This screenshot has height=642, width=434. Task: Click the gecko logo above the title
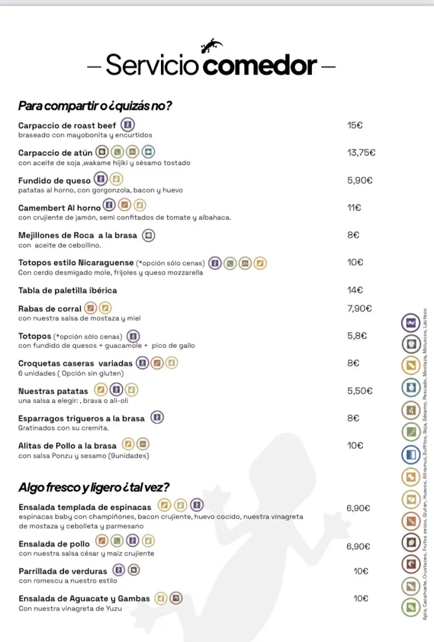click(211, 46)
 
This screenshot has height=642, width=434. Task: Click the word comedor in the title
click(261, 65)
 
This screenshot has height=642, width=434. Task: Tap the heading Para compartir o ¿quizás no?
click(95, 105)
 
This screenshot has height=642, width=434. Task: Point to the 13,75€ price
click(361, 152)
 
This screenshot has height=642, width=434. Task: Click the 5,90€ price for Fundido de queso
click(359, 180)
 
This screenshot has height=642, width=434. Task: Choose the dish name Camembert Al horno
click(59, 208)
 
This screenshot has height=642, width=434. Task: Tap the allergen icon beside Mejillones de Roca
click(148, 235)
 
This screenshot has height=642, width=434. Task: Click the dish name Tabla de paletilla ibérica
click(68, 290)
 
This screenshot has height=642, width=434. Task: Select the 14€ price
click(354, 290)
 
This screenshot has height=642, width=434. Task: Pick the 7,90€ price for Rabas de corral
click(359, 308)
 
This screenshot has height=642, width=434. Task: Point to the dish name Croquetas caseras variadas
click(75, 363)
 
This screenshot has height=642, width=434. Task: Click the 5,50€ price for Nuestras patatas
click(359, 391)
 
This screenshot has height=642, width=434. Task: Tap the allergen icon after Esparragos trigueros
click(157, 418)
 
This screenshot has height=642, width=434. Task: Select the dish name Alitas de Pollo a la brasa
click(68, 446)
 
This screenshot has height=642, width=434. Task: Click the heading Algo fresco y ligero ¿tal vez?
click(94, 487)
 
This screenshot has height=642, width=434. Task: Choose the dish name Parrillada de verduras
click(63, 571)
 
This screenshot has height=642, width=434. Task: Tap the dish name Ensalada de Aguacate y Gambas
click(85, 599)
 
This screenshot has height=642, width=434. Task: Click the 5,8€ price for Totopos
click(357, 336)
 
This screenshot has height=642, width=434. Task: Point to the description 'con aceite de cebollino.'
click(59, 245)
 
